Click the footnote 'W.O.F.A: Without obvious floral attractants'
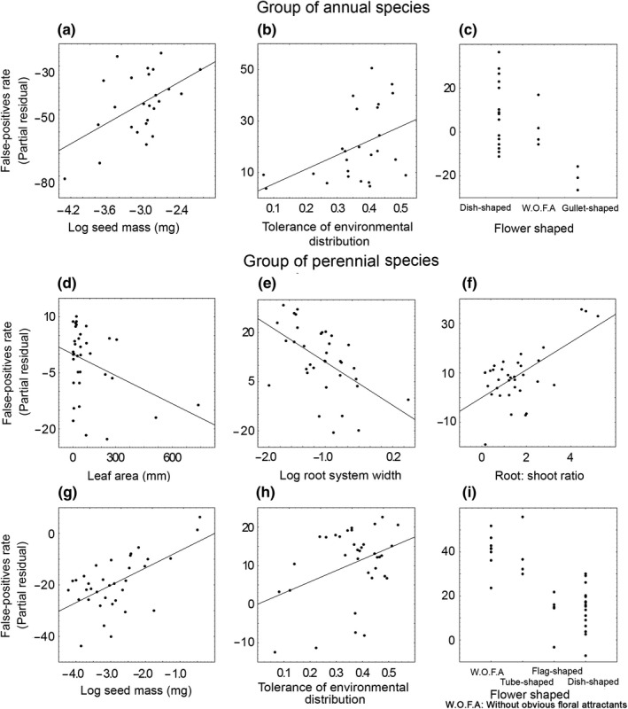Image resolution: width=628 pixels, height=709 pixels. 542,703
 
